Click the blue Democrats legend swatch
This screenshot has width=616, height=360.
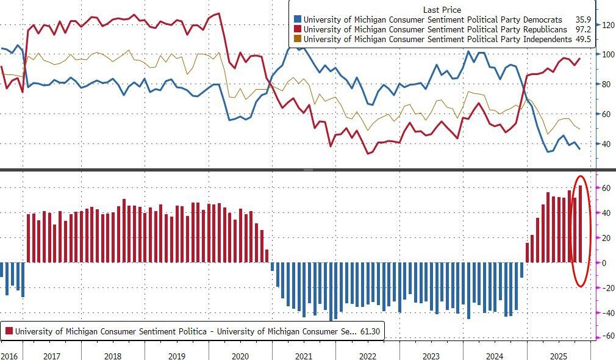297,20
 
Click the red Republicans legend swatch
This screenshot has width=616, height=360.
297,29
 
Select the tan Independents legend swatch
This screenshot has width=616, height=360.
297,39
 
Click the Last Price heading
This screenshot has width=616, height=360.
442,10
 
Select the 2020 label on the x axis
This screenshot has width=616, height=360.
240,355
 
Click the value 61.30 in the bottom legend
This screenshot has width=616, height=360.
370,331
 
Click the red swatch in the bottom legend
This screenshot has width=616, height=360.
9,331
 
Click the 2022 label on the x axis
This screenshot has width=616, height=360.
368,355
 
